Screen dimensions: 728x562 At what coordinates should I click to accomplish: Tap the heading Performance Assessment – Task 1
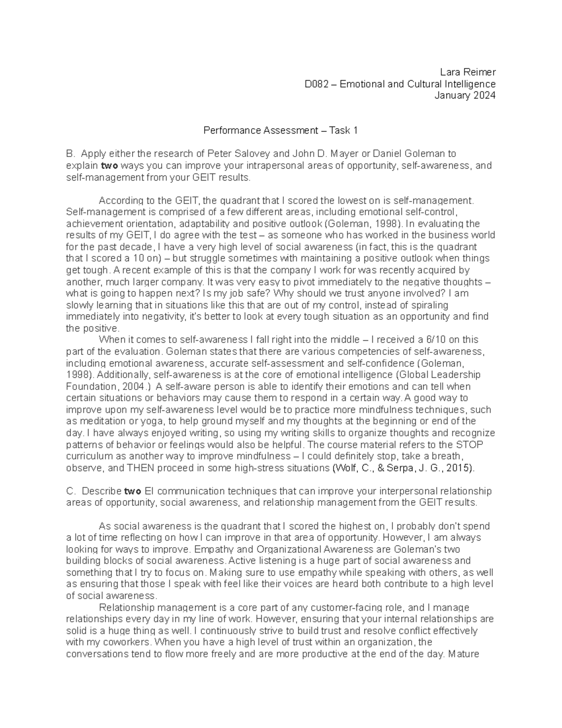(281, 130)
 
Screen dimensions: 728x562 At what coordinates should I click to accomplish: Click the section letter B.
(70, 154)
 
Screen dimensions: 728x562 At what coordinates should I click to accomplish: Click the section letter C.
(71, 491)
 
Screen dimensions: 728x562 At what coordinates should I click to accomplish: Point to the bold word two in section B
(110, 165)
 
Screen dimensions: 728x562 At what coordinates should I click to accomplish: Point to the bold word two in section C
(132, 491)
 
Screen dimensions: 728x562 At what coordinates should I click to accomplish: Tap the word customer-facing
(340, 608)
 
